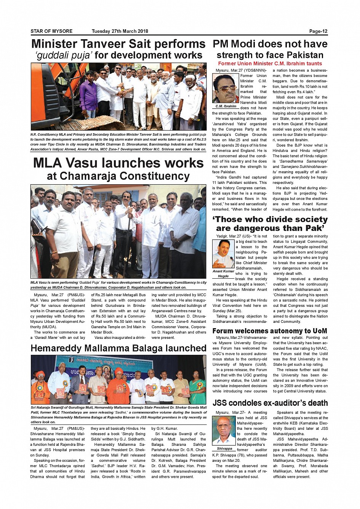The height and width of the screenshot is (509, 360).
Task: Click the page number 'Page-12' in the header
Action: (318, 31)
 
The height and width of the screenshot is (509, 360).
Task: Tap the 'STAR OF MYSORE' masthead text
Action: (51, 31)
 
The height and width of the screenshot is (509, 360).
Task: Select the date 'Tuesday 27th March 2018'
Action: (120, 31)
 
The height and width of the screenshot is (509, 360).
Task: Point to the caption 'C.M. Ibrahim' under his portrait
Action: (226, 106)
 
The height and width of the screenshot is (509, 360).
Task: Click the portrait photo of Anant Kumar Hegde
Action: (223, 254)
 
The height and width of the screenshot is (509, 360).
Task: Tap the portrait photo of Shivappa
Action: (224, 431)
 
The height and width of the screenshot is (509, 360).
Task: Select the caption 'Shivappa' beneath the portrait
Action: (224, 448)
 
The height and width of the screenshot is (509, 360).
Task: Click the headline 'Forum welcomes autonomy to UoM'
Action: (270, 331)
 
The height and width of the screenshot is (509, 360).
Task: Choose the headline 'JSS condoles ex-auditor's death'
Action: (270, 403)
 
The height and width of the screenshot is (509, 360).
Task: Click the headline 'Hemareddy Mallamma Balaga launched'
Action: (118, 348)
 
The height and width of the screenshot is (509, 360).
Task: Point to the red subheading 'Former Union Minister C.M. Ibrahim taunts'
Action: (270, 64)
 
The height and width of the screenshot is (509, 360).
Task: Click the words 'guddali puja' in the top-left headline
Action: (63, 55)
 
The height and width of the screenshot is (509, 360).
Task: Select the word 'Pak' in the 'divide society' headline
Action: (312, 228)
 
